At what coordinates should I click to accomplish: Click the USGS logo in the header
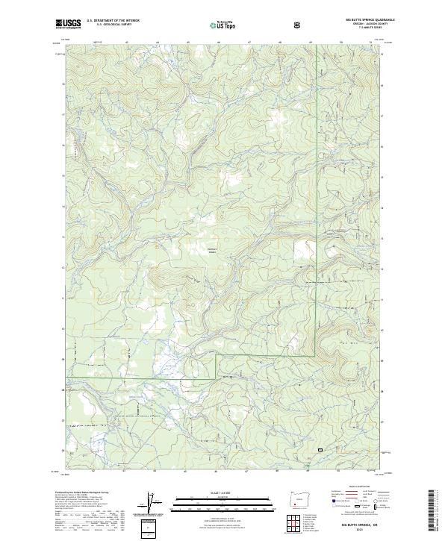[x=68, y=24]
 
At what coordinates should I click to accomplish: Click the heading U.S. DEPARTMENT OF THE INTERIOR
[x=113, y=22]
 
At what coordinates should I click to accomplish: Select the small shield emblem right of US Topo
[x=299, y=25]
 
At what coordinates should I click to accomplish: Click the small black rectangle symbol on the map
[x=320, y=450]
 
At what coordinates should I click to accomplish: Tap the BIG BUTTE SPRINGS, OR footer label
[x=349, y=525]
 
